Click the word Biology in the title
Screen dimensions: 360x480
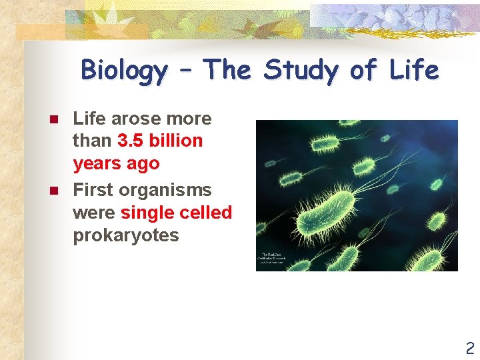(x=124, y=71)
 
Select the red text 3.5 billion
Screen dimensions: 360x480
(x=160, y=141)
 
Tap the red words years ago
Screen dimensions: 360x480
(x=116, y=163)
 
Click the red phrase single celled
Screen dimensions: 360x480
(x=176, y=213)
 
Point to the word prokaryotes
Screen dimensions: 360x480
(x=125, y=235)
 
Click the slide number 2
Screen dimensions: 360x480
(x=469, y=347)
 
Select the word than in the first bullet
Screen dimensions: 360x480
(x=93, y=141)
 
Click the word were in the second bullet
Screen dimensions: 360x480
(x=94, y=213)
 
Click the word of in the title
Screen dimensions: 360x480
(x=362, y=70)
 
